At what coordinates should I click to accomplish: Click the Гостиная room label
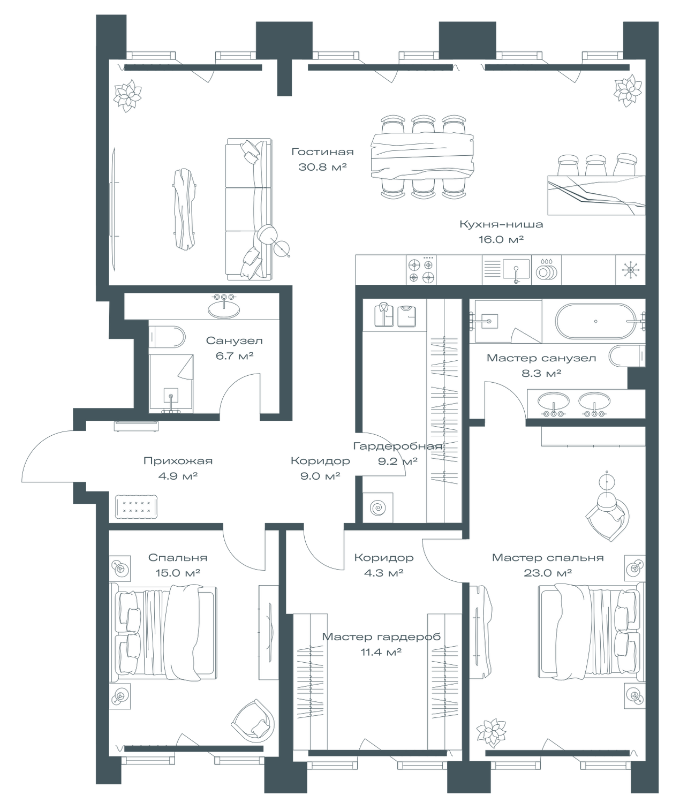[x=322, y=151]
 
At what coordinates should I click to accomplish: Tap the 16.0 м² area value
[x=501, y=239]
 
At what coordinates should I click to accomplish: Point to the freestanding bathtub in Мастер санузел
[x=596, y=321]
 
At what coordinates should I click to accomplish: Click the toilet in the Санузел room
[x=167, y=337]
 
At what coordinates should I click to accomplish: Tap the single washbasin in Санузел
[x=224, y=307]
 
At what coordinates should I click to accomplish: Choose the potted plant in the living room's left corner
[x=127, y=96]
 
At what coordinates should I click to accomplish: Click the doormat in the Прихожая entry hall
[x=137, y=506]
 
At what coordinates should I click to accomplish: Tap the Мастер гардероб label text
[x=381, y=637]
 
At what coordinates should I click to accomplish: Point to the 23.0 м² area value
[x=548, y=573]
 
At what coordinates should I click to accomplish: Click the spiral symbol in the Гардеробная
[x=377, y=507]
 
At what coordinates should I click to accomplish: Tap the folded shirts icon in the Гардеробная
[x=395, y=315]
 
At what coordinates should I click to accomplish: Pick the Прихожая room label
[x=178, y=461]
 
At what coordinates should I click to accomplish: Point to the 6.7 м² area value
[x=235, y=356]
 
